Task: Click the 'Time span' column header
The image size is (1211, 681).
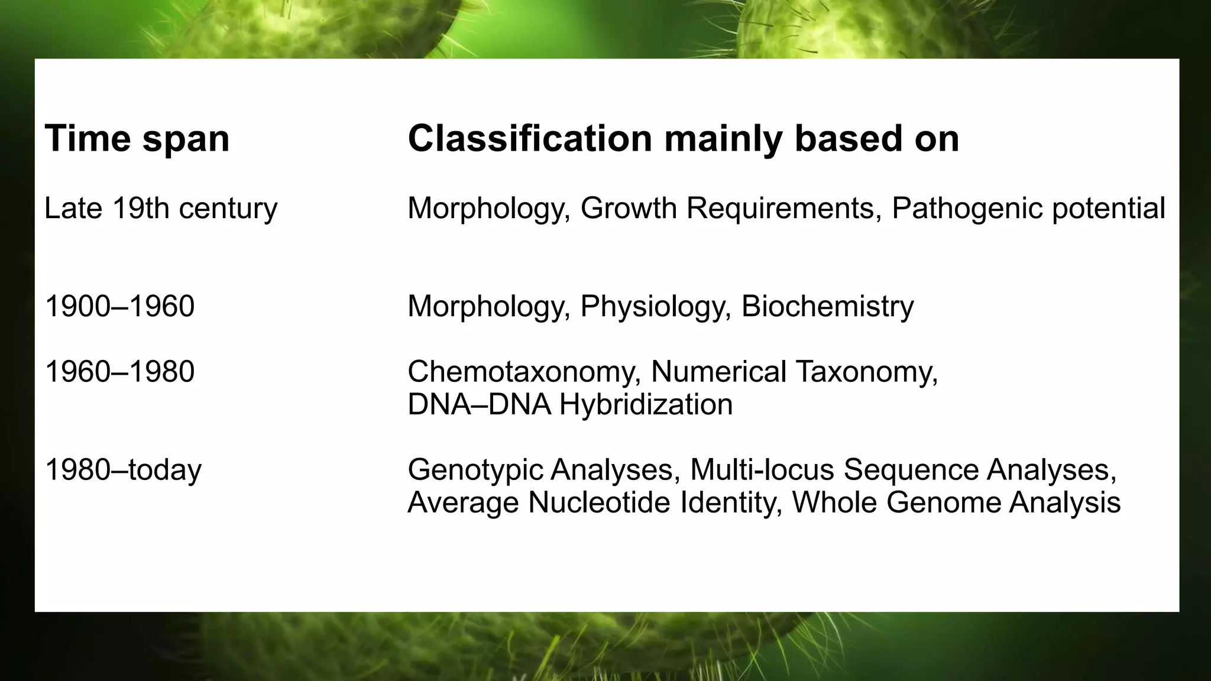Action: pos(137,139)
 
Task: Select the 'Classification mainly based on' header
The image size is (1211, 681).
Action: pos(683,139)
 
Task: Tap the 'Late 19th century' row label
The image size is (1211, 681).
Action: pos(161,208)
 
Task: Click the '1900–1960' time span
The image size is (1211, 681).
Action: pos(119,306)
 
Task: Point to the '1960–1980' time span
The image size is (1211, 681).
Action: pos(119,372)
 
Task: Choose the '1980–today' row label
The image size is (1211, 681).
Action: pos(123,470)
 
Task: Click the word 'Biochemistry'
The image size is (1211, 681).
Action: pos(827,306)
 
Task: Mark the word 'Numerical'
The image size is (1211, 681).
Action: pos(718,372)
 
